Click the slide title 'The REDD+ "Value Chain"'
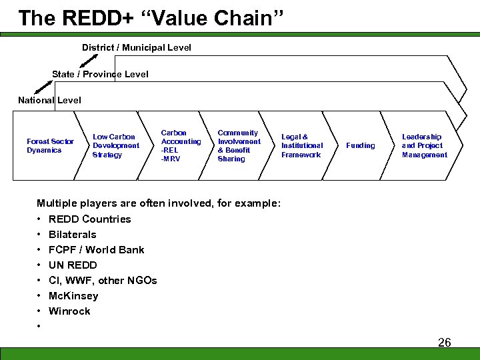[x=151, y=18]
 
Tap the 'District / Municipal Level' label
[x=136, y=47]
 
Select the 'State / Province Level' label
[x=100, y=74]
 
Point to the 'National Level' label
[x=49, y=100]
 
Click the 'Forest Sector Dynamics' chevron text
[x=50, y=146]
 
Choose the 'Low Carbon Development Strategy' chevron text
[x=116, y=145]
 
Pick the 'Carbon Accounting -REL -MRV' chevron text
[x=181, y=145]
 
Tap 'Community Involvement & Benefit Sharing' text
[x=239, y=145]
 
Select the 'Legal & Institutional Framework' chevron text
[x=301, y=145]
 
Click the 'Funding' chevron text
[x=361, y=145]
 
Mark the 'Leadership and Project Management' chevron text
[x=424, y=145]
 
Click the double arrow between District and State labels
[x=89, y=61]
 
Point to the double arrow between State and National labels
[x=43, y=87]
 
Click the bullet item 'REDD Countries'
[x=89, y=219]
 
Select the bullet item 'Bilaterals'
[x=72, y=235]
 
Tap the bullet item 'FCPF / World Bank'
[x=96, y=250]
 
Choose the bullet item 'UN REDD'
[x=73, y=265]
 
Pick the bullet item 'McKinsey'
[x=73, y=296]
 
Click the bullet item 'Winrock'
[x=69, y=311]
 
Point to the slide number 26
[x=444, y=343]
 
